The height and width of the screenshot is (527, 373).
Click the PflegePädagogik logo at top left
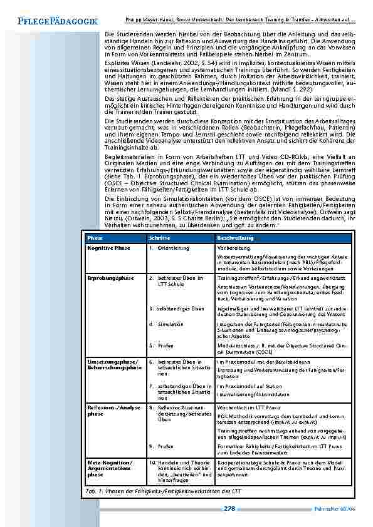point(53,21)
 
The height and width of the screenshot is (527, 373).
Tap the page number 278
point(229,509)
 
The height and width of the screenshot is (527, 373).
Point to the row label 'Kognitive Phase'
point(109,248)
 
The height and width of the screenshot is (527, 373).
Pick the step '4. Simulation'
point(169,324)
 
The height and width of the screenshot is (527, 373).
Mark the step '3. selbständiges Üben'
point(177,309)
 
